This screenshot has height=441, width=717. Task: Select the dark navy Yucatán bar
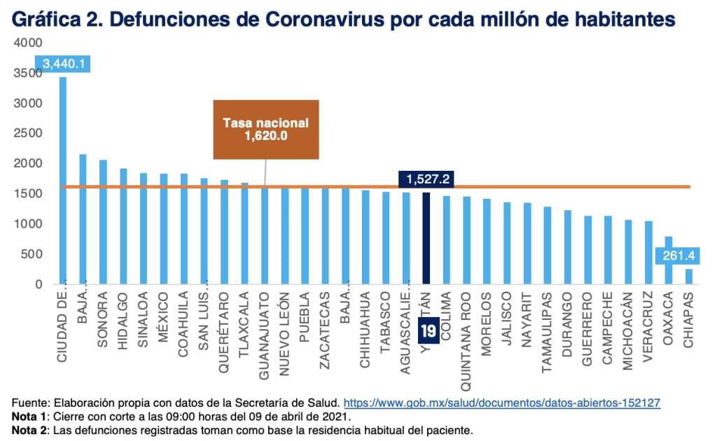pos(426,238)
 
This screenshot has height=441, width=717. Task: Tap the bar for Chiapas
pos(688,276)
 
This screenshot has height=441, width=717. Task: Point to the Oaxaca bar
pos(668,260)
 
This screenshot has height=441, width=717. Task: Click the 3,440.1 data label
pos(64,64)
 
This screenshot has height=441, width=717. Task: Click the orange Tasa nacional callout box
pos(265,129)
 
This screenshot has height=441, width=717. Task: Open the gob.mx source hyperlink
pos(501,403)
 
